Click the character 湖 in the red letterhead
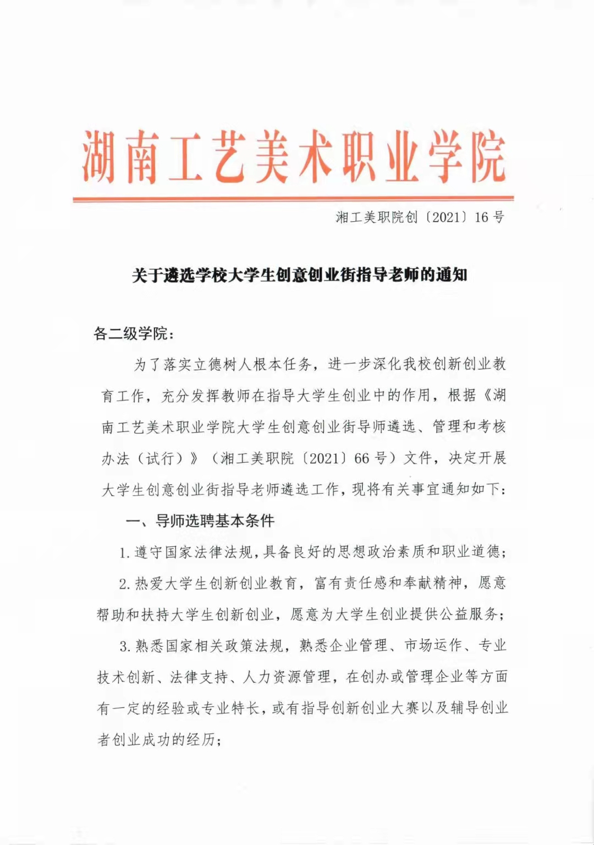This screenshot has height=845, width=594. (x=100, y=157)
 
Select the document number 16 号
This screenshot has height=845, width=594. (x=489, y=217)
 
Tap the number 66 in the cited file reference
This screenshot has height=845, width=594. (x=361, y=458)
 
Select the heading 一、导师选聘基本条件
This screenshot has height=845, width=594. (x=200, y=520)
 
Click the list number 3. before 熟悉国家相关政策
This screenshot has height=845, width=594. (x=125, y=646)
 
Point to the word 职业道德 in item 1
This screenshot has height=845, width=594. (x=471, y=552)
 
